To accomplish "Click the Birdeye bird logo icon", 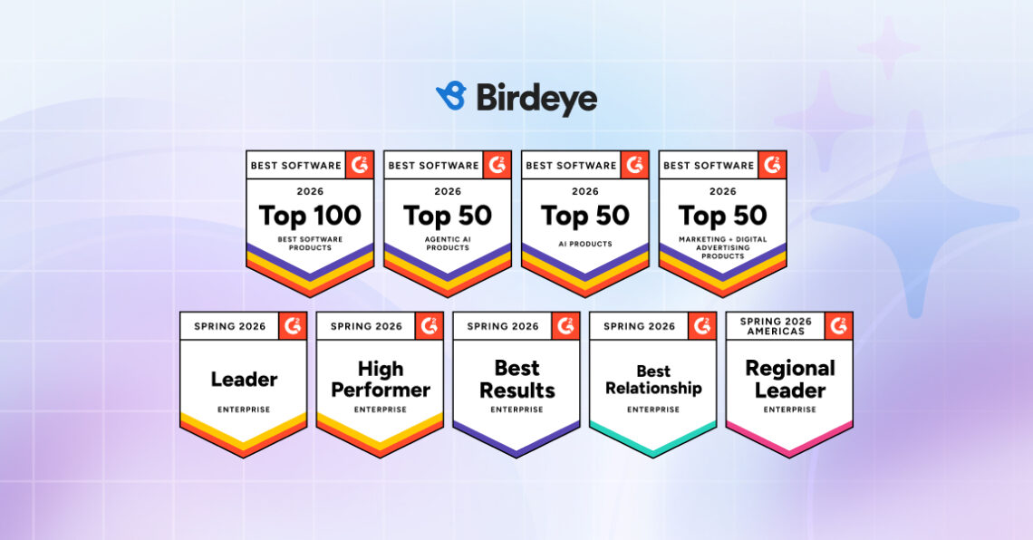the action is click(x=452, y=96).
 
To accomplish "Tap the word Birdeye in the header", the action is click(x=536, y=99).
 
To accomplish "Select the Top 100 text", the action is click(x=310, y=216).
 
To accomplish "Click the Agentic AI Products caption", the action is click(x=448, y=244).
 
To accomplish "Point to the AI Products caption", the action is click(x=585, y=244).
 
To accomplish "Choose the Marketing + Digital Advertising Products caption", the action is click(x=723, y=247).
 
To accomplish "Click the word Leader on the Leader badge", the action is click(x=244, y=380).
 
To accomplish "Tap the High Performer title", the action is click(x=381, y=380).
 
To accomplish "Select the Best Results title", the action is click(x=517, y=380).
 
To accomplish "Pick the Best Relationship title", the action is click(x=653, y=380).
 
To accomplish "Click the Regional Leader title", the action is click(x=790, y=380).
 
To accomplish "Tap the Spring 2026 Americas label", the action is click(x=776, y=326).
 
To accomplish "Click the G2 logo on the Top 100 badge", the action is click(x=360, y=165).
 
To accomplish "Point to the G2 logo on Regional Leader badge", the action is click(x=839, y=326).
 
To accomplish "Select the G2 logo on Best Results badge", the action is click(x=566, y=326).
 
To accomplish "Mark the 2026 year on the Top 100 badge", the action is click(x=310, y=192).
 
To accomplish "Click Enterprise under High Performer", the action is click(x=381, y=410).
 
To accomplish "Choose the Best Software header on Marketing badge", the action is click(x=709, y=165).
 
